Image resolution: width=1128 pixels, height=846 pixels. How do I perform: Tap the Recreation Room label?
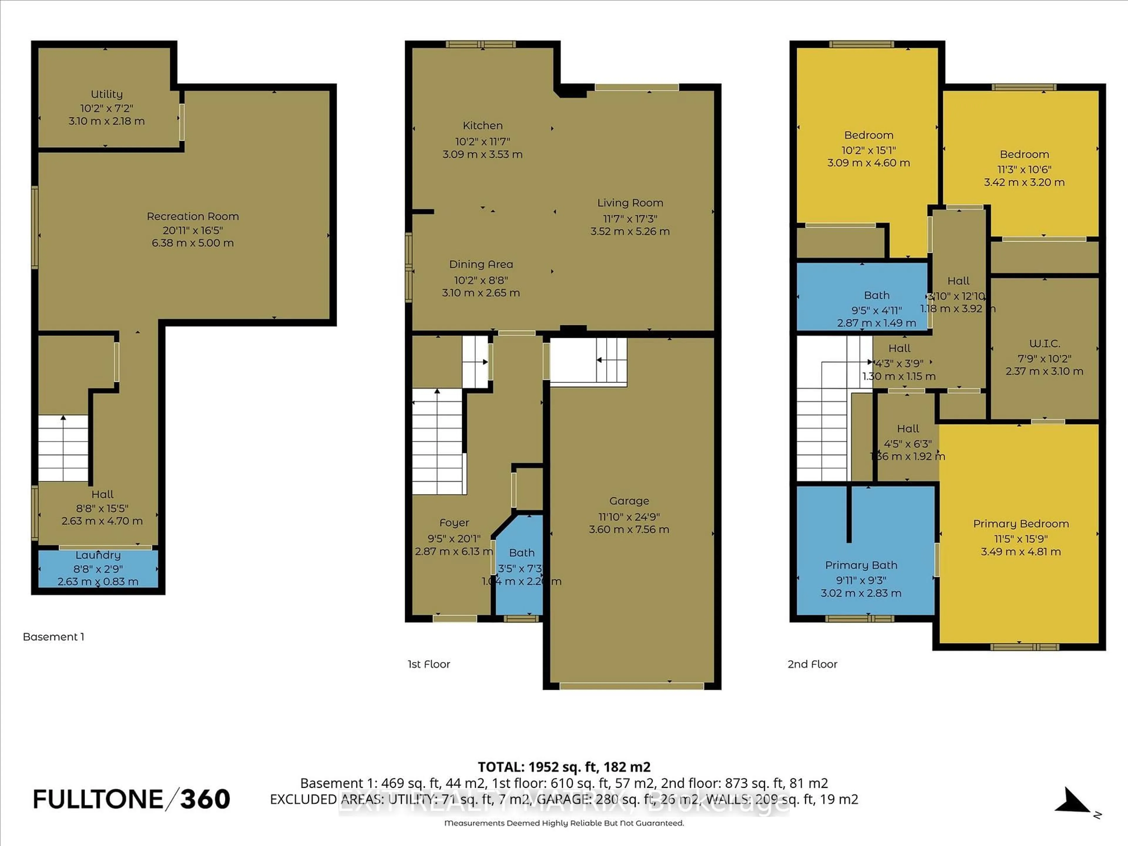coord(193,216)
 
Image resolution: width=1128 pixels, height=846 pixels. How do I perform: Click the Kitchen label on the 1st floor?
coord(482,125)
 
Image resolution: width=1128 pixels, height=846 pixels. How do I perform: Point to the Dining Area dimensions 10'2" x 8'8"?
coord(481,280)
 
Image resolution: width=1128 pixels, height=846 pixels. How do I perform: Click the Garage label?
coord(629,501)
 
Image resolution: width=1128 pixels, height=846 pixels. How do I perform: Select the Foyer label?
coord(454,523)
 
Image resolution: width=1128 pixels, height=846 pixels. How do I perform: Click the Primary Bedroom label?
coord(1020,524)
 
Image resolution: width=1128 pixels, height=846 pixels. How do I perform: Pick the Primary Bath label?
coord(861,565)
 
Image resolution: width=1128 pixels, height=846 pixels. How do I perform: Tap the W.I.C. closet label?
coord(1044,344)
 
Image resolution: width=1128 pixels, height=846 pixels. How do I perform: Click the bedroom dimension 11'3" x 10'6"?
coord(1024,169)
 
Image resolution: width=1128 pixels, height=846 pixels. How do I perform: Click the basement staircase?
coord(63,449)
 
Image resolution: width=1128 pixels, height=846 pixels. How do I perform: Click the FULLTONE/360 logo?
coord(132,799)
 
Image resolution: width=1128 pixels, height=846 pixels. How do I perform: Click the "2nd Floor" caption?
coord(812,664)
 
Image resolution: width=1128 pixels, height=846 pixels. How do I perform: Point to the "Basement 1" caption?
coord(53,637)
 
